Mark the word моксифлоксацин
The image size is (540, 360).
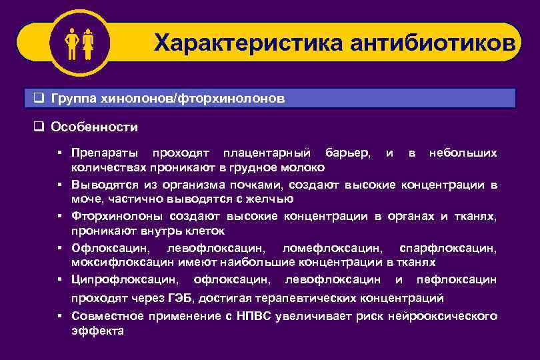tap(113, 262)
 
